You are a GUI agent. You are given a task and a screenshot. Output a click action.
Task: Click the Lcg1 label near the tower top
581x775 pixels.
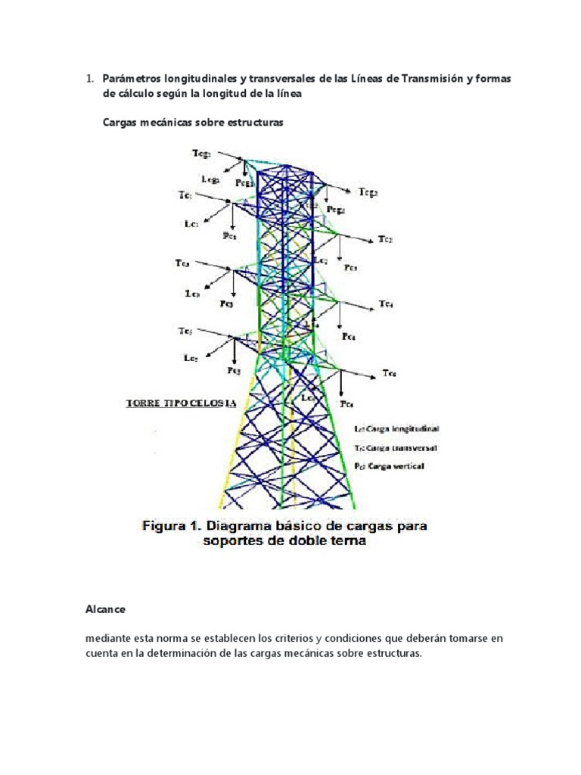pos(211,179)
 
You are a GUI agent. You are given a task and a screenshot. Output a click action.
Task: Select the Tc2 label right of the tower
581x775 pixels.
pos(387,240)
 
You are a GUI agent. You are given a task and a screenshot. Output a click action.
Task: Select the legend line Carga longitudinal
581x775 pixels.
pos(397,428)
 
